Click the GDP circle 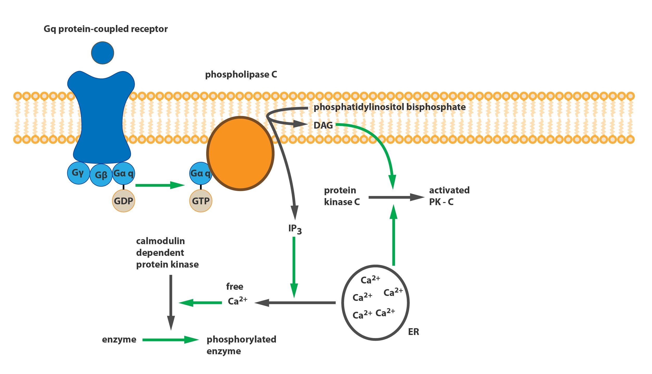point(124,201)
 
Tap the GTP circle point(201,201)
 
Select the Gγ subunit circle point(79,173)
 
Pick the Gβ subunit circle point(101,175)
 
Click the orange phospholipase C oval point(240,154)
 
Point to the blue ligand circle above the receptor point(103,53)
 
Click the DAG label point(323,125)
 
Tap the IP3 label point(295,229)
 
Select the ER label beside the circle point(414,332)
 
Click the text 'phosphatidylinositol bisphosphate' point(390,107)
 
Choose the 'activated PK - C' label point(450,196)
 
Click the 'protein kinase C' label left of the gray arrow point(342,196)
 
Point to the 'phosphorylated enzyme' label point(242,345)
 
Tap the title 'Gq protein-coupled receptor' point(106,29)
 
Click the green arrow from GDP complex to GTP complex point(160,185)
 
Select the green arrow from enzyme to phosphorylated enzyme point(171,340)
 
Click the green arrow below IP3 point(294,267)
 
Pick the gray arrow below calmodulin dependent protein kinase point(171,303)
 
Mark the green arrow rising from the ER point(394,235)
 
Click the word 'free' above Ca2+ point(235,287)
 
